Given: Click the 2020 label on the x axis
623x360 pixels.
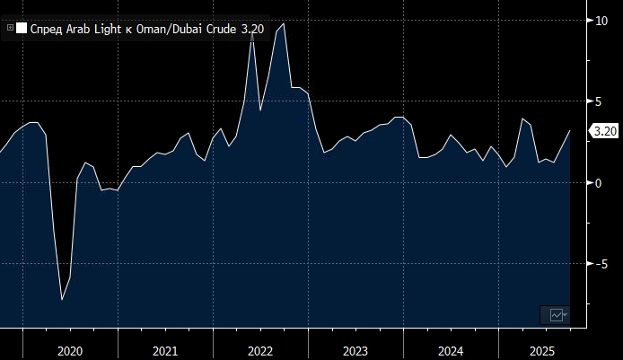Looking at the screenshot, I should [69, 350].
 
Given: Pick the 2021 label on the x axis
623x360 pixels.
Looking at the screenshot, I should [164, 350].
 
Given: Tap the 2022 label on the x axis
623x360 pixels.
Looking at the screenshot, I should [259, 350].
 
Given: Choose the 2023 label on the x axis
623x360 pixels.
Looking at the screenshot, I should [355, 350].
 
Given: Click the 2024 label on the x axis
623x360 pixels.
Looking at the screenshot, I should [450, 350].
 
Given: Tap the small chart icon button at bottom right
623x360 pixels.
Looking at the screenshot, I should [557, 314].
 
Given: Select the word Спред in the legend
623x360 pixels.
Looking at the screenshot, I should [47, 29].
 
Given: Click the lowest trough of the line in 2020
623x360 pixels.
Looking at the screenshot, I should [62, 300].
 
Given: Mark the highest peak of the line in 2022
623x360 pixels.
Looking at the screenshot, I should [284, 24].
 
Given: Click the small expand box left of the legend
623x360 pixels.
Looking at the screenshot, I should [10, 29].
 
